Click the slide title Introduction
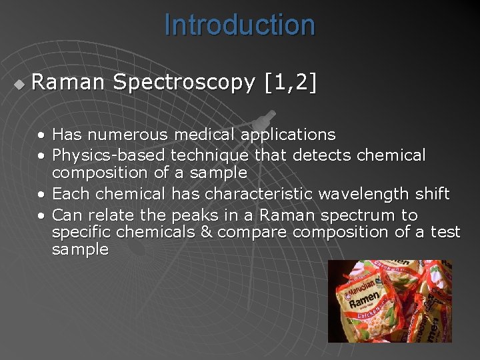tap(239, 25)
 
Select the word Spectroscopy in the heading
tap(184, 83)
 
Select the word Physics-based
tap(109, 155)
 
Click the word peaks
tap(193, 215)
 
